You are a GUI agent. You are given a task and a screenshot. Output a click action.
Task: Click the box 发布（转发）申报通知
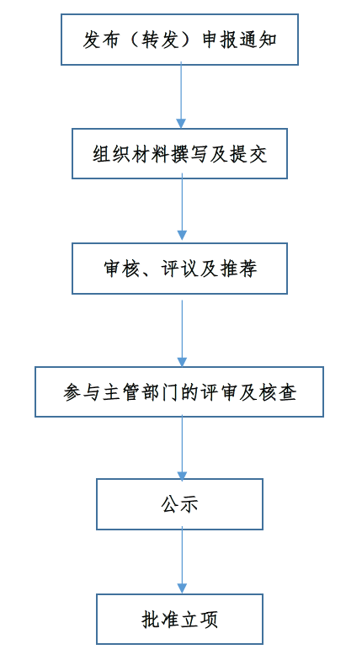point(180,40)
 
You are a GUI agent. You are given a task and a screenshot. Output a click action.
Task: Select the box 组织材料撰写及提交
point(180,153)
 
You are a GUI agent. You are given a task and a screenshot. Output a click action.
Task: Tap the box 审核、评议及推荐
point(180,269)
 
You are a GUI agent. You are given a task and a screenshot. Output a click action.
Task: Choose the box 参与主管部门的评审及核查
point(179,392)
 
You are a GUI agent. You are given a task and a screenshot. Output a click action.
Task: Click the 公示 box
point(180,503)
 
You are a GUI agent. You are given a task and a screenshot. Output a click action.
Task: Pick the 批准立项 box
point(180,620)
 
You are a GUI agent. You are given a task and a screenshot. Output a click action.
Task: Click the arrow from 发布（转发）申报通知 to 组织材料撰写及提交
point(181,95)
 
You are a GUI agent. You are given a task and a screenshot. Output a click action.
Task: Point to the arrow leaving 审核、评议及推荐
point(182,333)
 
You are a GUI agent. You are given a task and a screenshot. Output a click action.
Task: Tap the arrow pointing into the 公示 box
point(182,448)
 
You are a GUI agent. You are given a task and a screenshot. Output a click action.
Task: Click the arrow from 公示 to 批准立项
point(182,560)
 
